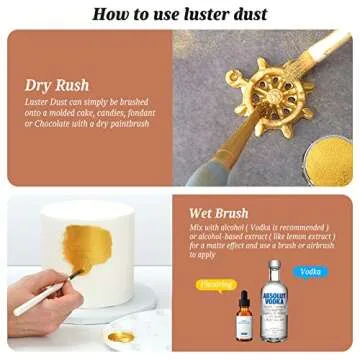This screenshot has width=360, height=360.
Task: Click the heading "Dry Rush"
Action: tap(58, 85)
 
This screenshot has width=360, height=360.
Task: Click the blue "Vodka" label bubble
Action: tap(313, 271)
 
